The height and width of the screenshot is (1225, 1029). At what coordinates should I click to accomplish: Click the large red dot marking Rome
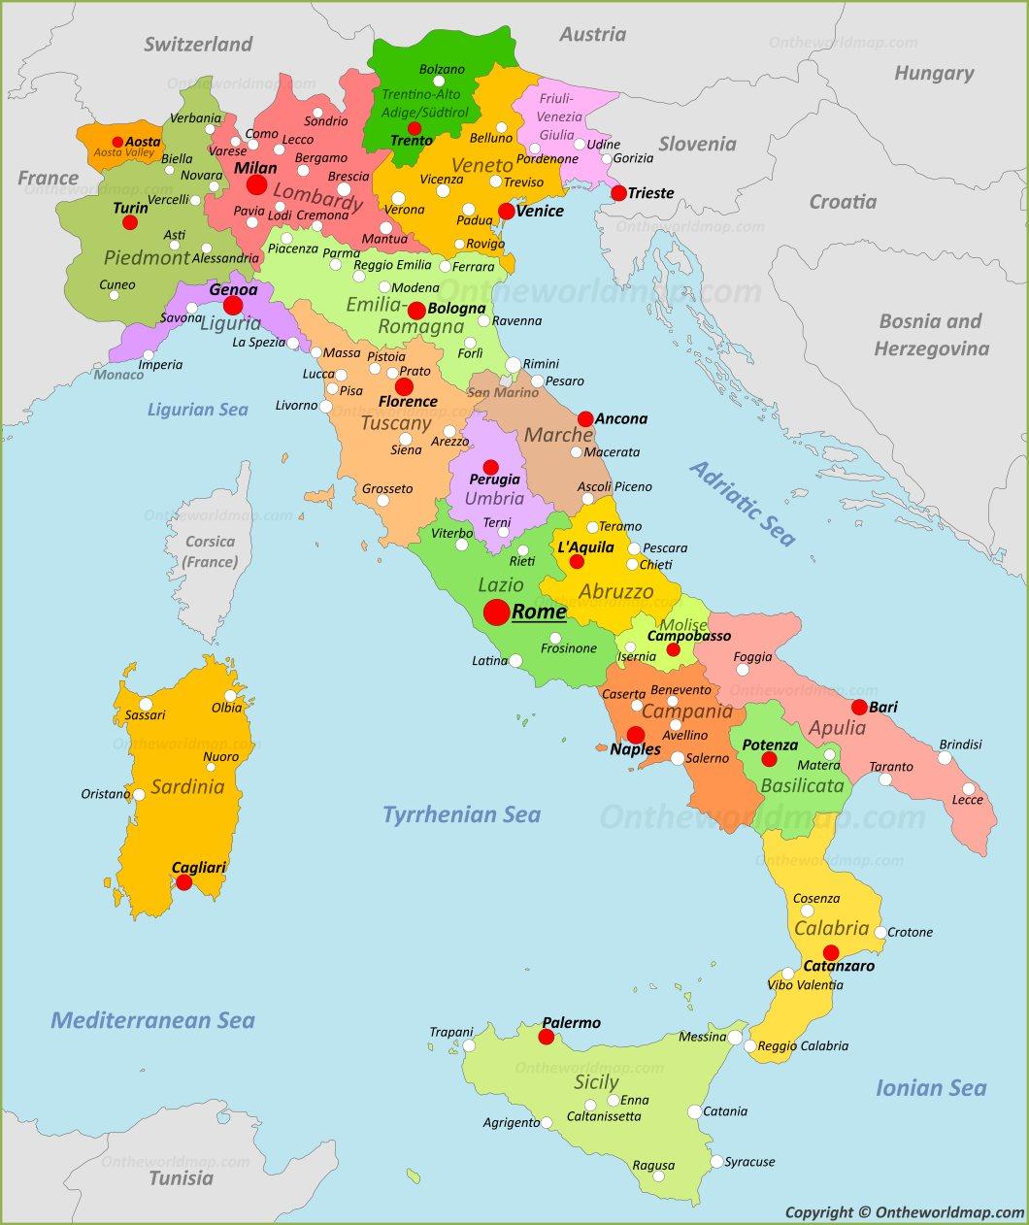[496, 612]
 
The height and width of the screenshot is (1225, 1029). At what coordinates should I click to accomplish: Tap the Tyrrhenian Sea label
[461, 814]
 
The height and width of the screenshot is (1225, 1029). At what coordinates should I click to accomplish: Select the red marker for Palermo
[547, 1037]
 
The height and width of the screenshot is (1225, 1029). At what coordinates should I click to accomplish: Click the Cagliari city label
[199, 867]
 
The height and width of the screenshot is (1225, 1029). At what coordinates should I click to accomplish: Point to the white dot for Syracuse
[716, 1162]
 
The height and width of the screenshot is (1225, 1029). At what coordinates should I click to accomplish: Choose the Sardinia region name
[187, 786]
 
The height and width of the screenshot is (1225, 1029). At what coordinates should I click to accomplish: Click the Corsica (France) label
[210, 551]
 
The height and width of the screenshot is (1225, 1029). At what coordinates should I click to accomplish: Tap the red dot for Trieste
[618, 193]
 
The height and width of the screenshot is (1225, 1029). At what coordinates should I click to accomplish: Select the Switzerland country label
[198, 44]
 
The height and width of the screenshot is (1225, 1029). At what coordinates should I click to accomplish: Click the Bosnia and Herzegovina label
[931, 334]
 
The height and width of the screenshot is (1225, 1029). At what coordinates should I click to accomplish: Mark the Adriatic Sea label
[743, 503]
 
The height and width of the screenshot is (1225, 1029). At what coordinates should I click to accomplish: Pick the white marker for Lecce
[968, 788]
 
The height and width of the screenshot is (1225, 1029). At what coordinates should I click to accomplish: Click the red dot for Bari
[859, 707]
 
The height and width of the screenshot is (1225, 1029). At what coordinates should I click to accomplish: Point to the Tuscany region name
[395, 423]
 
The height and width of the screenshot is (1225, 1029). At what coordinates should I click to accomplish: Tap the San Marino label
[503, 392]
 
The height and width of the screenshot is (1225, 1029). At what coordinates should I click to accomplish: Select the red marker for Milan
[256, 185]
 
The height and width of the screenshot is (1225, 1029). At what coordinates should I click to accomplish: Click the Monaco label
[119, 375]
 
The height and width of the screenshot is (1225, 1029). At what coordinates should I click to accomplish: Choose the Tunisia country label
[182, 1178]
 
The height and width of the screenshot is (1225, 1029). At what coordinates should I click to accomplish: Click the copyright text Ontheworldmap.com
[904, 1211]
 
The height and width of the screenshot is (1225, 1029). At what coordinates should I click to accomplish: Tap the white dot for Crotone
[880, 932]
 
